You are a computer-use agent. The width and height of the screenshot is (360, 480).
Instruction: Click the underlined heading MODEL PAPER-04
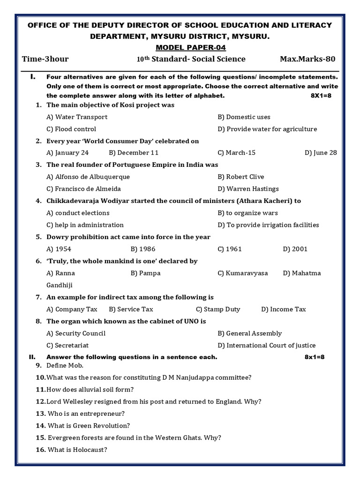(x=180, y=47)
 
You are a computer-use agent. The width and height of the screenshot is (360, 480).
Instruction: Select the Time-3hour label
(x=45, y=59)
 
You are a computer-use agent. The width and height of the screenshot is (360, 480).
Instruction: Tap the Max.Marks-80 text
(x=307, y=59)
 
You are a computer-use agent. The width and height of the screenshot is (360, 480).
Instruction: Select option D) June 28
(x=321, y=153)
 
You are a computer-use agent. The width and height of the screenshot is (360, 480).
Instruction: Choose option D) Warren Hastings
(x=248, y=189)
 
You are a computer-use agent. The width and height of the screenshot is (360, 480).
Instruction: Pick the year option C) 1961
(x=230, y=249)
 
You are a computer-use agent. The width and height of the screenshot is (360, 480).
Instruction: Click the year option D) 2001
(x=295, y=249)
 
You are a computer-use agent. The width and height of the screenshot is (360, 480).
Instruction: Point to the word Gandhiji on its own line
(x=60, y=285)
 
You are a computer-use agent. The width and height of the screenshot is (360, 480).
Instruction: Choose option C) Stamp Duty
(x=218, y=309)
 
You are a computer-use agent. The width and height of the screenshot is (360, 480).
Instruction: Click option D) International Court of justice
(x=266, y=345)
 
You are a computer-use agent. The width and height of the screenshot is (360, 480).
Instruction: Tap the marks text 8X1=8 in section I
(x=321, y=96)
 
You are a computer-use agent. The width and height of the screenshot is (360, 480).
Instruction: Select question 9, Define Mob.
(x=60, y=365)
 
